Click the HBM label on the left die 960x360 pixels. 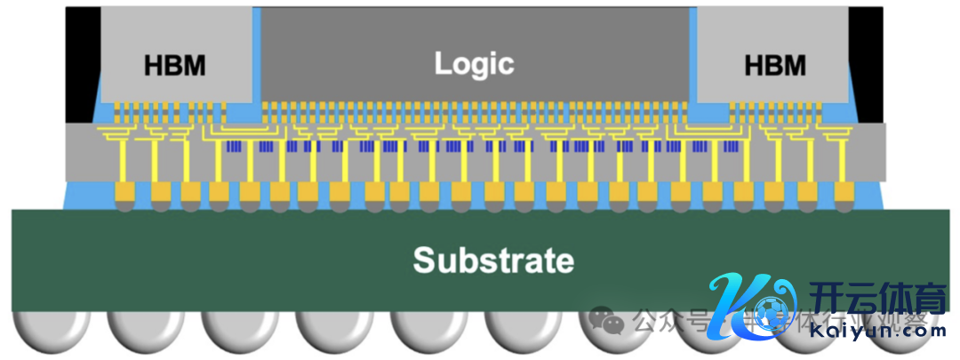[x=174, y=66]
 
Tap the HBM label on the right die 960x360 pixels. [x=775, y=66]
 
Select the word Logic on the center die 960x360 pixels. [x=474, y=63]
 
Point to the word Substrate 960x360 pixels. [x=492, y=260]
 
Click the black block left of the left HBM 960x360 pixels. [x=84, y=62]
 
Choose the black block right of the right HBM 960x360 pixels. [x=866, y=62]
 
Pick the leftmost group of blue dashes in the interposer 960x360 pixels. [x=236, y=146]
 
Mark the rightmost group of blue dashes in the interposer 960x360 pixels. [x=725, y=146]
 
